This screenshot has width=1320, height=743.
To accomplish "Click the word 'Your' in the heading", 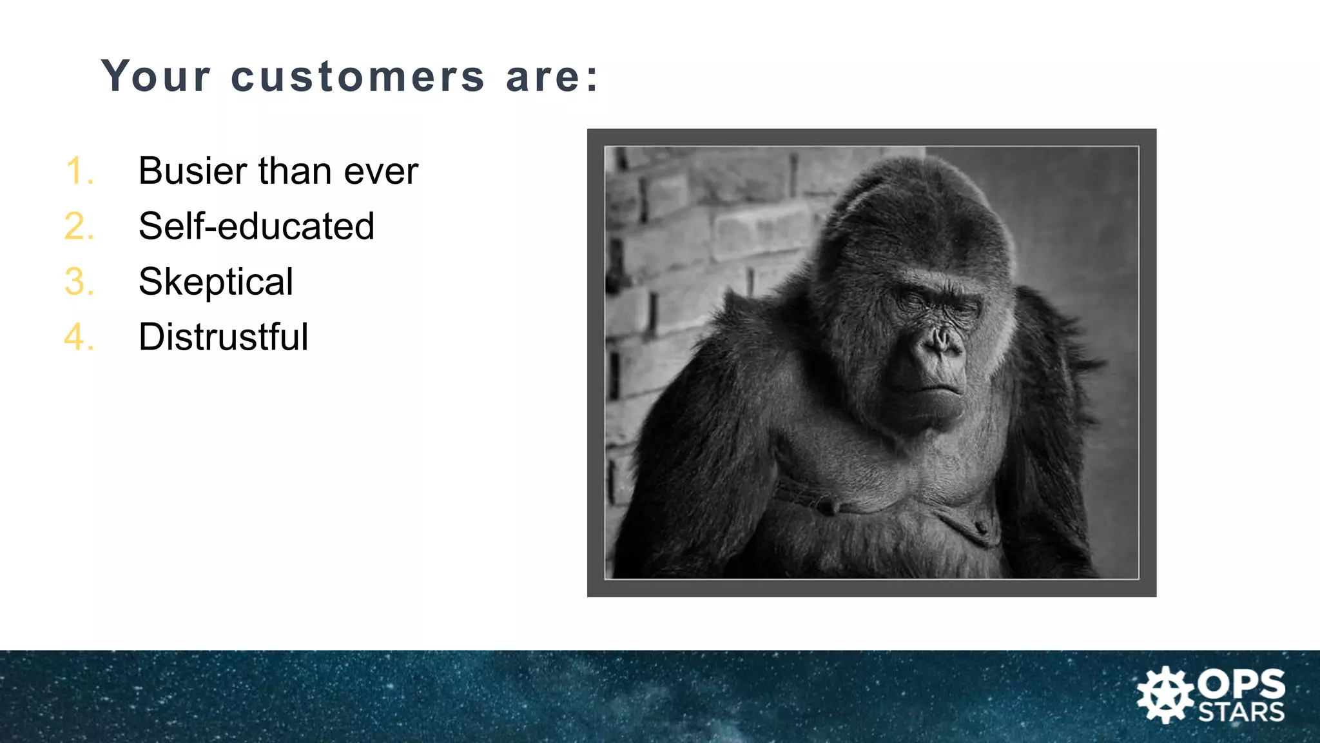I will tap(156, 77).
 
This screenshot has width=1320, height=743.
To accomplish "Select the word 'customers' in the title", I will tap(358, 77).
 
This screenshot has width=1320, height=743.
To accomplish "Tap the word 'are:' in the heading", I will tap(553, 77).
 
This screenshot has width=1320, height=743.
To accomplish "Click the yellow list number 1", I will tap(79, 172).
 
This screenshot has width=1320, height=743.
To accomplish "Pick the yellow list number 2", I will tap(79, 226).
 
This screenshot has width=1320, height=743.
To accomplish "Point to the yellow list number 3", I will tap(79, 282).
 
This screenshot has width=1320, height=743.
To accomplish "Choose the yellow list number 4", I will tap(79, 337).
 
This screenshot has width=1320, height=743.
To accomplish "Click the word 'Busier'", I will tap(193, 171).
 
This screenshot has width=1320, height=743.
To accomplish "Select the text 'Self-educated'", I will tap(256, 226).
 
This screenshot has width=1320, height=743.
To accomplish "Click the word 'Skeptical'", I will tap(215, 282).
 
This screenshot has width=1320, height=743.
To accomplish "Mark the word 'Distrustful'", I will tap(223, 337).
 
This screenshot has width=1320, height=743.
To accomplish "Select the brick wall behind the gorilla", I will tap(696, 232).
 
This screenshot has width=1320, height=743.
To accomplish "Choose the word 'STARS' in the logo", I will tap(1241, 713).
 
